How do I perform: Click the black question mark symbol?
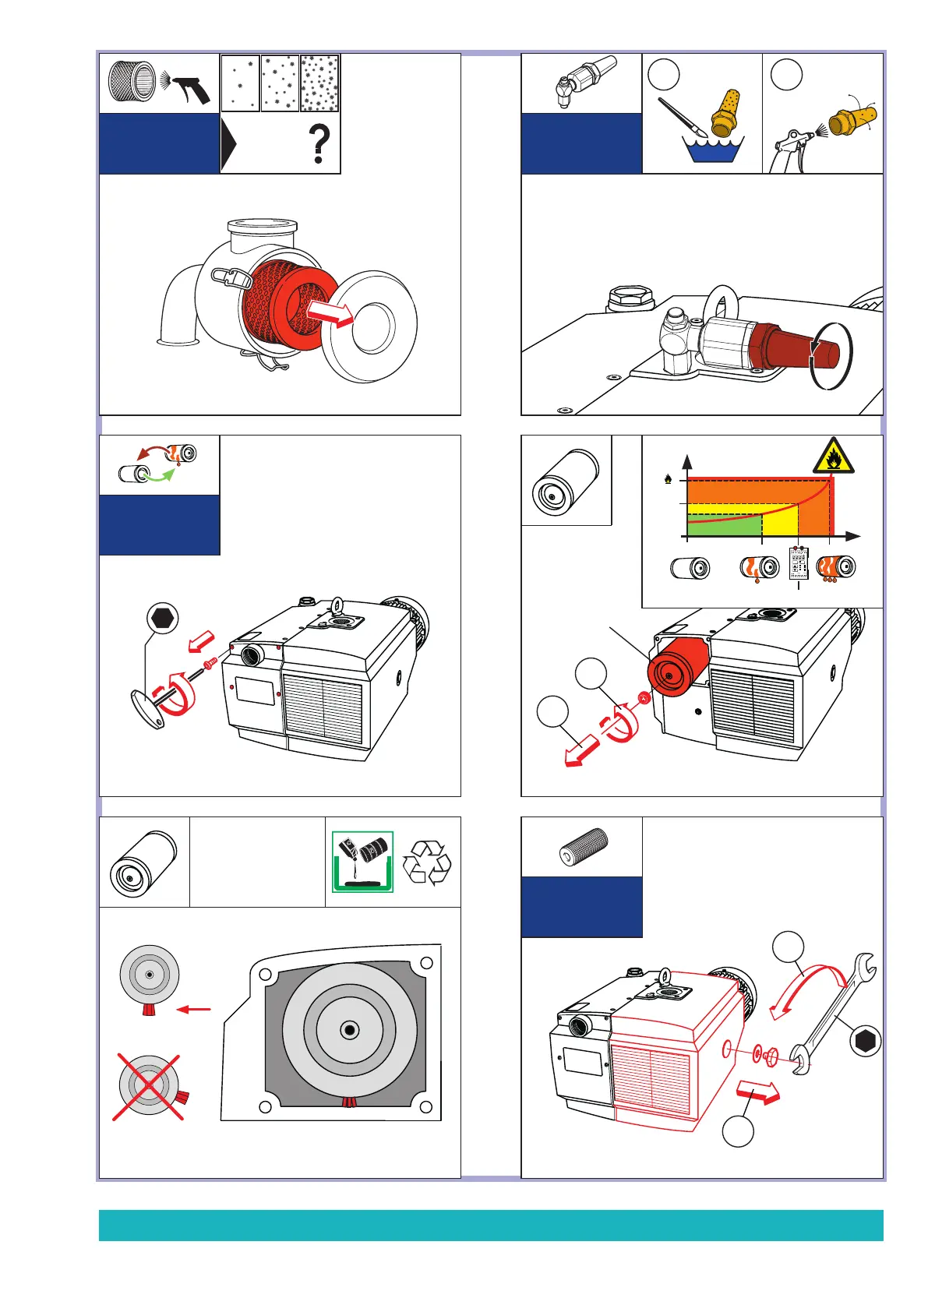click(x=319, y=145)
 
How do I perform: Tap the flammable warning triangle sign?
click(x=833, y=457)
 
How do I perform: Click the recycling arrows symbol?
click(x=427, y=862)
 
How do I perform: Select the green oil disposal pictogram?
click(x=362, y=862)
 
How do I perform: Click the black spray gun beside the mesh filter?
click(x=190, y=88)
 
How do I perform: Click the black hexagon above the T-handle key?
click(x=162, y=618)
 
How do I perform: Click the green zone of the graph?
click(x=721, y=527)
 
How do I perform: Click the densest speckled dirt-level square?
click(x=319, y=83)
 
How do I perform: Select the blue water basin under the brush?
click(x=714, y=150)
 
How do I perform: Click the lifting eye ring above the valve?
click(x=722, y=303)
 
